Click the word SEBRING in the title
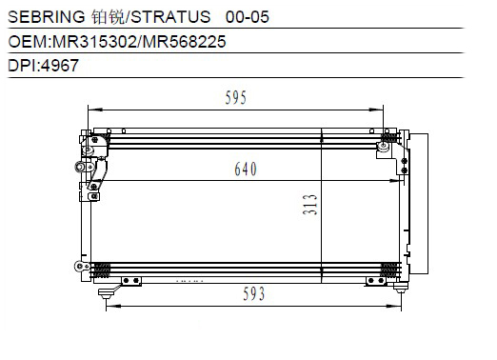[47, 16]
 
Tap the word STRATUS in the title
[170, 16]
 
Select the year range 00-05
[248, 17]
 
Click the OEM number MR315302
[94, 42]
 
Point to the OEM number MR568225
[185, 42]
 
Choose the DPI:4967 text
[43, 66]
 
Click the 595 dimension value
[235, 97]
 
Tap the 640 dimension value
[246, 169]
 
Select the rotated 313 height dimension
[310, 205]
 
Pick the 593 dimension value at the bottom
[253, 293]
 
